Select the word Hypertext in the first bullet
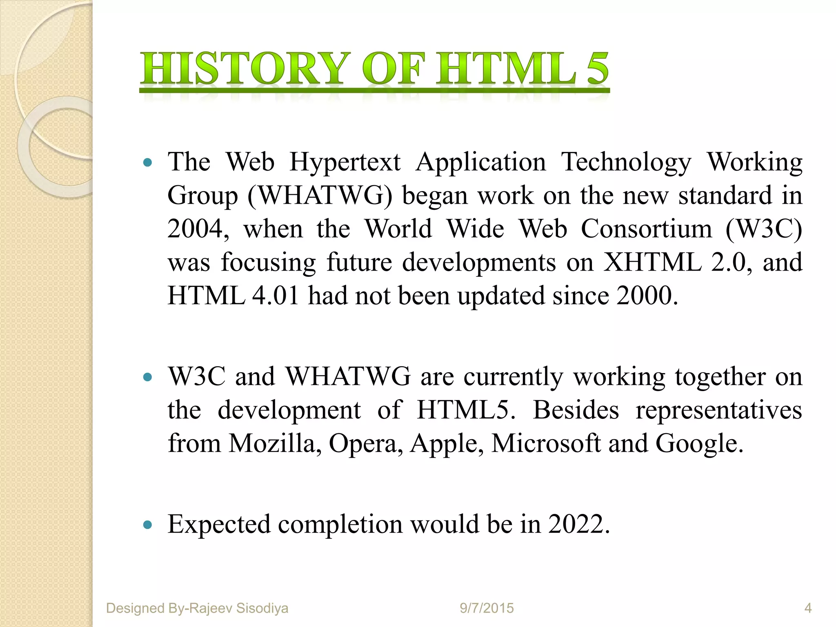tap(345, 162)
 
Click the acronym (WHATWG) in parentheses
tap(320, 196)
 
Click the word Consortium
tap(646, 229)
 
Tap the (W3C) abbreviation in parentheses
tap(764, 229)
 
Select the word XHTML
tap(652, 262)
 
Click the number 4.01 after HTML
tap(276, 296)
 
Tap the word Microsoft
tap(546, 443)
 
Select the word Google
tap(698, 444)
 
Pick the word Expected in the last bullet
tap(219, 525)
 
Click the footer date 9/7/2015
tap(487, 608)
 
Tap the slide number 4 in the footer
tap(808, 608)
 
